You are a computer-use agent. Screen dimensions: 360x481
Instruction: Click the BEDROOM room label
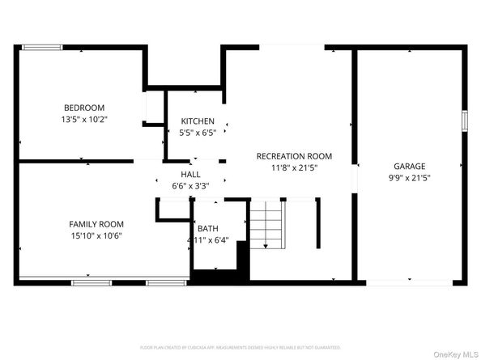[84, 107]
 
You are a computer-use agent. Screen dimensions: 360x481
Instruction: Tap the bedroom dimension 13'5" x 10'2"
[84, 119]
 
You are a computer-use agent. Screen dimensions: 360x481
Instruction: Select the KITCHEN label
[197, 121]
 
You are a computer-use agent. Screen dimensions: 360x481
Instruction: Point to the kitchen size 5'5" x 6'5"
[197, 133]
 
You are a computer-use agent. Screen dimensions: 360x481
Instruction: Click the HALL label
[190, 174]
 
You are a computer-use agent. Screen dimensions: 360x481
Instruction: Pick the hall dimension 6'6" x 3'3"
[190, 185]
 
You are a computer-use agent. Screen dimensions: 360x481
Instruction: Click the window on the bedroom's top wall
[42, 48]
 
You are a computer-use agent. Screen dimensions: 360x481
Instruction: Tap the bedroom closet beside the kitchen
[151, 108]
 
